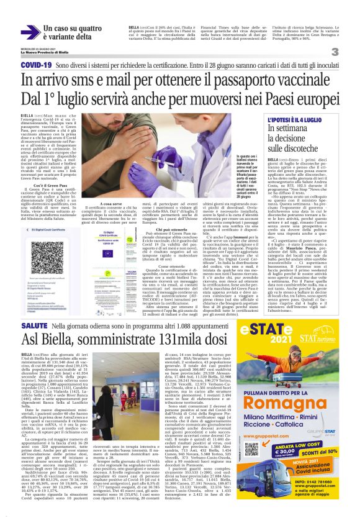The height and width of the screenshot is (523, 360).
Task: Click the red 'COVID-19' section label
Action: coord(35,65)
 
